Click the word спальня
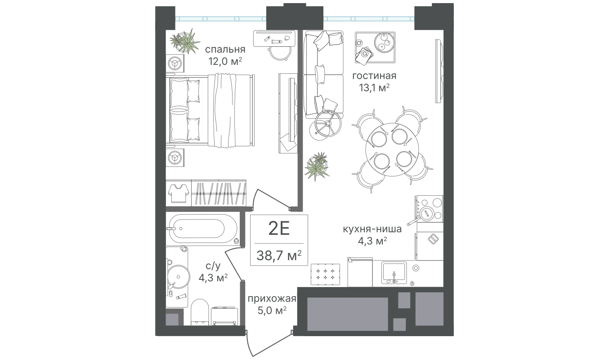point(225,49)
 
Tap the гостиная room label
point(374,76)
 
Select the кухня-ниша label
point(372,229)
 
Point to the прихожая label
point(272,299)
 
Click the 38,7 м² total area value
point(279,255)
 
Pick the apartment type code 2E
point(279,229)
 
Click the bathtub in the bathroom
point(203,229)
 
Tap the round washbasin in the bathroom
point(178,277)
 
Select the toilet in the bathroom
point(200,312)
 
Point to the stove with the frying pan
point(429,209)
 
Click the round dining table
point(392,150)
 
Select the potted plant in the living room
point(317,166)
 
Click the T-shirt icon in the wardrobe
point(179,193)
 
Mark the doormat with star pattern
point(325,274)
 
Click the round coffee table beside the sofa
point(328,124)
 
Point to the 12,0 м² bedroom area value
point(225,61)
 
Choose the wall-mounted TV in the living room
point(438,71)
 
